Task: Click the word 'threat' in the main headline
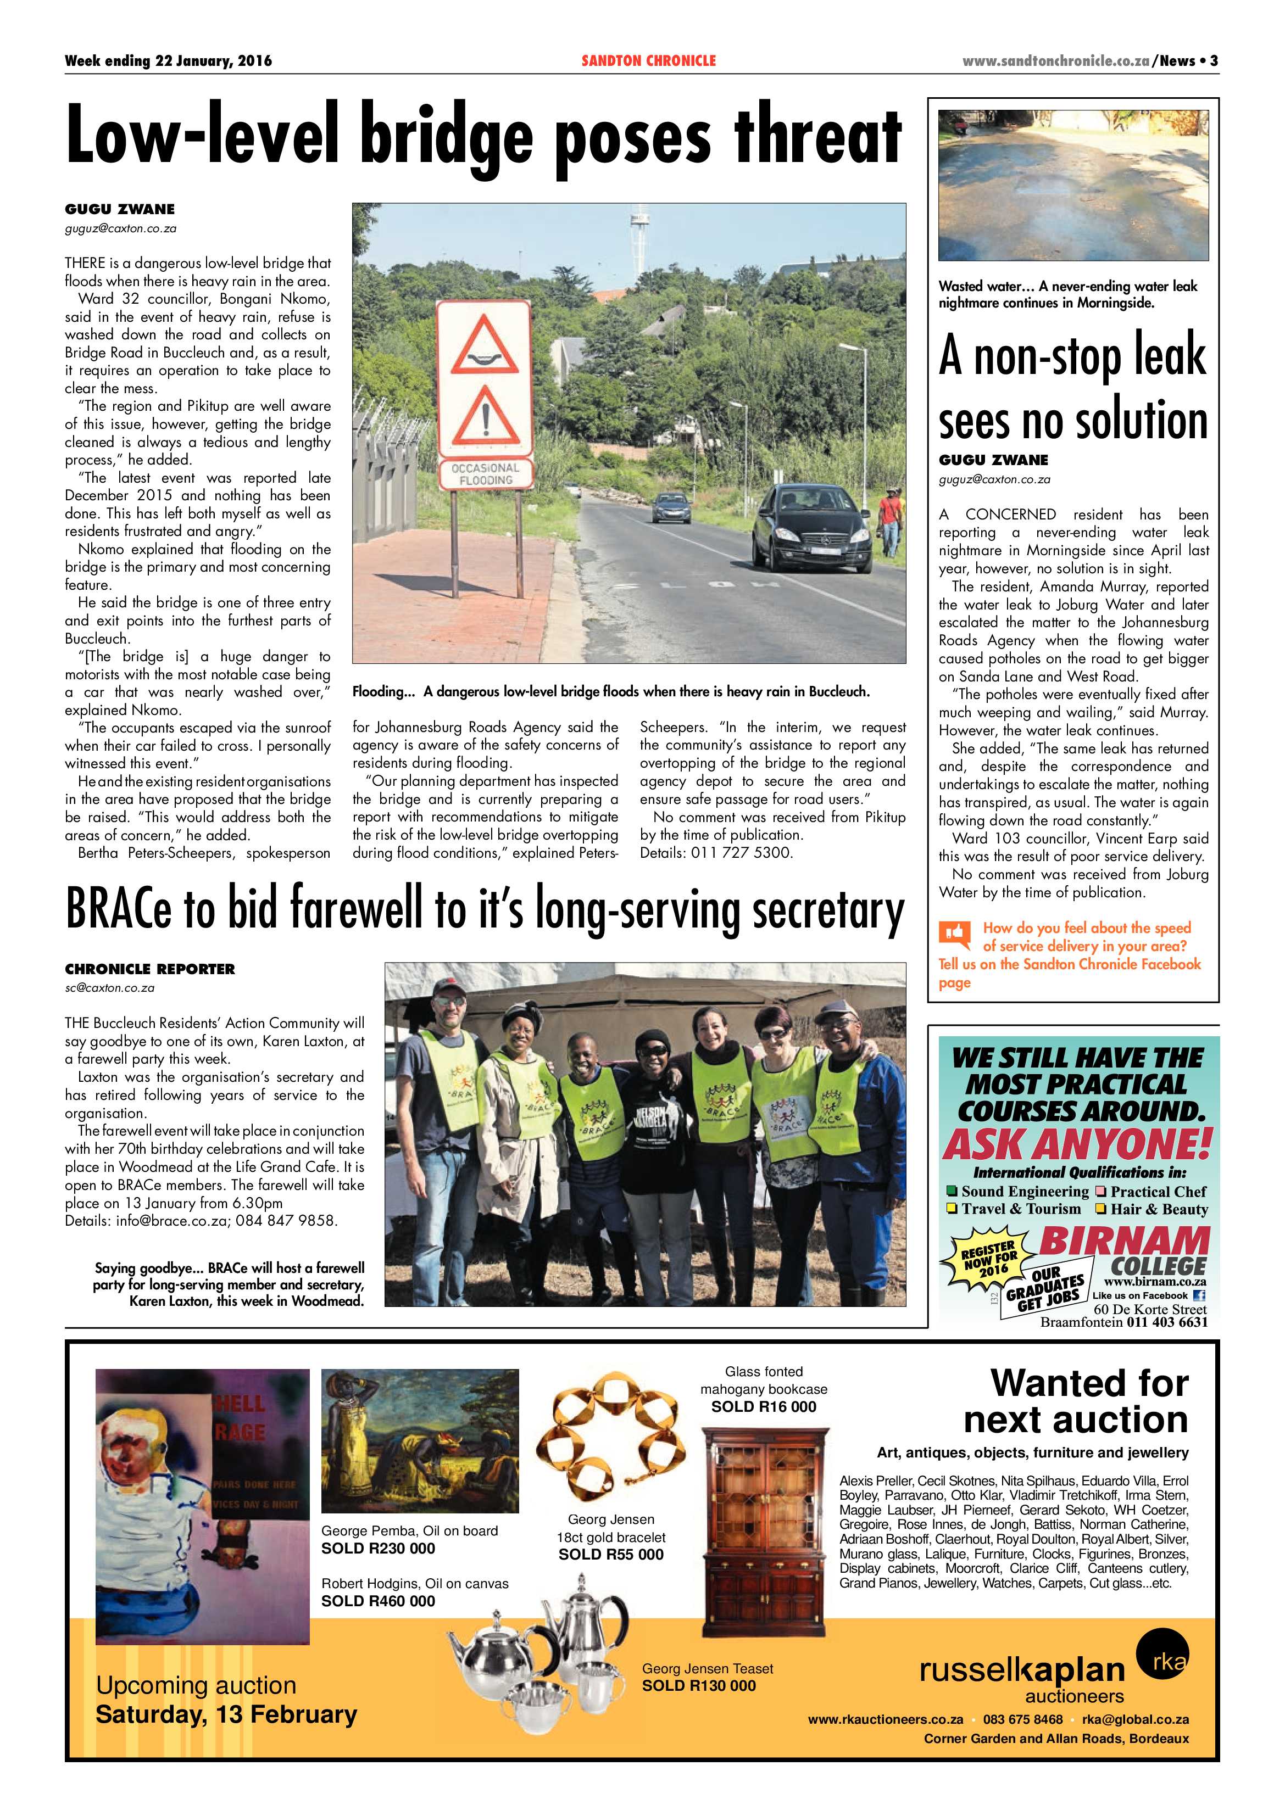818,136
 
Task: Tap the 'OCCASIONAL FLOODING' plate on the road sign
485,474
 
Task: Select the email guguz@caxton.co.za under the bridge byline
120,228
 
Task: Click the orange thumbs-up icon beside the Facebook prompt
954,934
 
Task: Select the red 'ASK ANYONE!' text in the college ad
1076,1144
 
